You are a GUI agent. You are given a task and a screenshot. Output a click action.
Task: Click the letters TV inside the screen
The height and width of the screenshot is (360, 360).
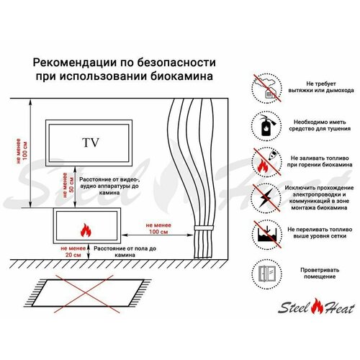pos(91,141)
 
